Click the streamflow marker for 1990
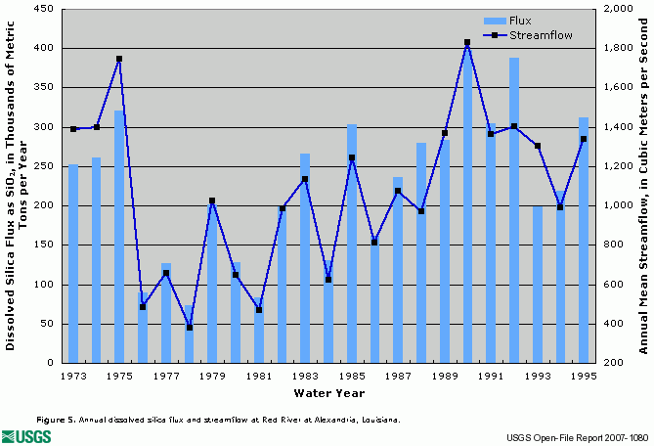(x=467, y=42)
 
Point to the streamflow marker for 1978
(x=190, y=327)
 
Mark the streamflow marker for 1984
(x=328, y=280)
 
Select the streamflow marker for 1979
(x=212, y=201)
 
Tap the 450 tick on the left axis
(x=44, y=9)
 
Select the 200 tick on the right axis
(x=615, y=364)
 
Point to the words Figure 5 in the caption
(x=55, y=419)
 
